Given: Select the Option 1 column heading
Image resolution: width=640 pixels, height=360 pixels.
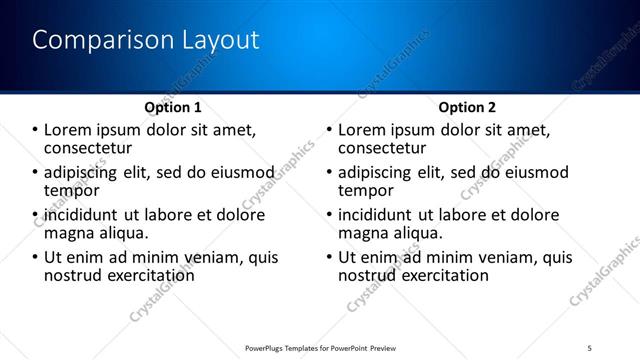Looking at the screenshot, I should coord(173,107).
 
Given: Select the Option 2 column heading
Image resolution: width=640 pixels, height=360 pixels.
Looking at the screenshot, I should coord(467,107).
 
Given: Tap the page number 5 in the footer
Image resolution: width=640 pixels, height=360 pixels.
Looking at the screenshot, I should coord(589,347).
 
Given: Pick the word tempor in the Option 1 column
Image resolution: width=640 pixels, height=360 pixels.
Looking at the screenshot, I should coord(72,190).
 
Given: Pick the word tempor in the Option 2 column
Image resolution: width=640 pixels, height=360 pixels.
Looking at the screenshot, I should coord(366,190).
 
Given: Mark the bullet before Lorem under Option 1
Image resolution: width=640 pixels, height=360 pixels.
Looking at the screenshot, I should coord(35,131).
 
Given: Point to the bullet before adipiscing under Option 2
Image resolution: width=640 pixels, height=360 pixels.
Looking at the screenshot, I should coord(329,173).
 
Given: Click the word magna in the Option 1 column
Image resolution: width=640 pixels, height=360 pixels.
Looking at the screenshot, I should coord(71,233).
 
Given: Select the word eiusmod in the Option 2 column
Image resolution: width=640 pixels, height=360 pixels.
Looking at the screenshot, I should coord(529,173).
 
